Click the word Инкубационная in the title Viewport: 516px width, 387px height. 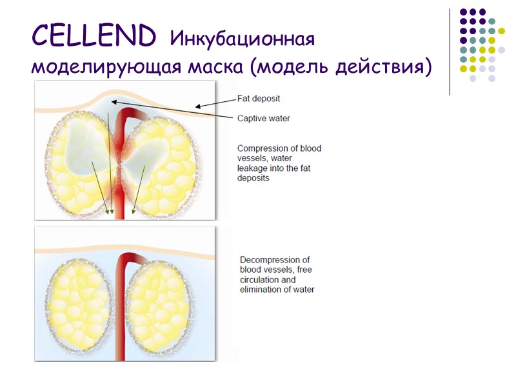(x=242, y=39)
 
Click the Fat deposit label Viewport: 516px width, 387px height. (x=259, y=99)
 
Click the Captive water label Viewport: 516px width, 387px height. (x=263, y=118)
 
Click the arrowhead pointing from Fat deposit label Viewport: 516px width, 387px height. (x=197, y=107)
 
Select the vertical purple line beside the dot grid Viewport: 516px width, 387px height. (x=449, y=52)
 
